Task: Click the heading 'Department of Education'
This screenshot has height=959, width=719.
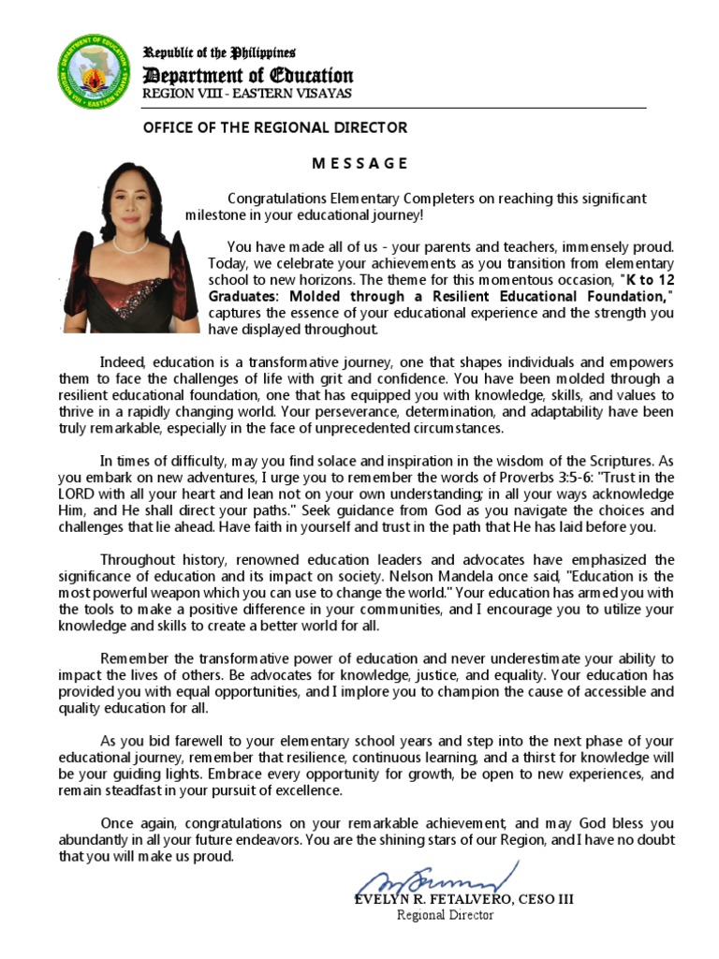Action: (247, 76)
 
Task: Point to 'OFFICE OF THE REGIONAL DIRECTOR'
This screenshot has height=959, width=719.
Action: (274, 127)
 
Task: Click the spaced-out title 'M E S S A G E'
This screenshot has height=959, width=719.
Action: (359, 163)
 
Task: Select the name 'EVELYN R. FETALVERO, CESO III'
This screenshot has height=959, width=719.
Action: (464, 899)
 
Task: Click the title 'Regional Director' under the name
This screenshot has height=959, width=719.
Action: (446, 915)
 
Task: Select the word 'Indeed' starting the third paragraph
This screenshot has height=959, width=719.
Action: (123, 361)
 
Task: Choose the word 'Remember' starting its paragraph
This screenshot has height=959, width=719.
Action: (132, 658)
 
